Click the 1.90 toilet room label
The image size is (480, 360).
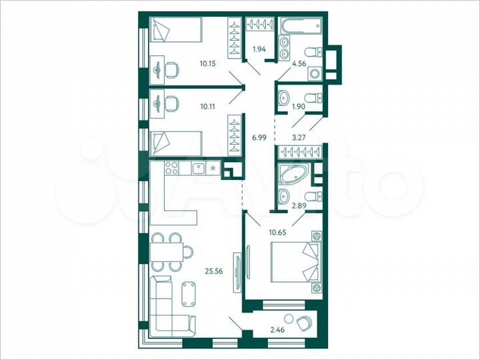pos(298,106)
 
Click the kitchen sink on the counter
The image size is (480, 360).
pos(197,167)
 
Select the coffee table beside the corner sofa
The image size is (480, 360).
pos(189,293)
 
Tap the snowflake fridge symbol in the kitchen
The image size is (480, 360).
pos(213,167)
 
